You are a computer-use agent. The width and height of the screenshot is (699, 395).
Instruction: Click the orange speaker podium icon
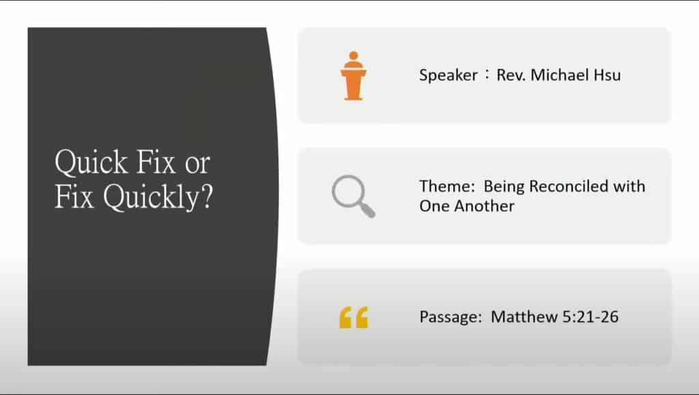354,75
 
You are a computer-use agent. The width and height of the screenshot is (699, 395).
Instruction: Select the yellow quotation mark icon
354,317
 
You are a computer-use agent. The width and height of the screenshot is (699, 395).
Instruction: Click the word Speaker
448,75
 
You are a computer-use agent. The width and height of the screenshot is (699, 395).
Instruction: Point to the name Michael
560,74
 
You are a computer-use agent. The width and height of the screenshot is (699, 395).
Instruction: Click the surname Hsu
607,74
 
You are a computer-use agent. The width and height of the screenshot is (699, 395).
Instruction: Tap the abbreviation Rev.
511,74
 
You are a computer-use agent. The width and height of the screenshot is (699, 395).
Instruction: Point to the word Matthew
524,316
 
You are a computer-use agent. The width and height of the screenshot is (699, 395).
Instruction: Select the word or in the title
197,164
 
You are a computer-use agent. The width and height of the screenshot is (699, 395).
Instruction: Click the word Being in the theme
504,187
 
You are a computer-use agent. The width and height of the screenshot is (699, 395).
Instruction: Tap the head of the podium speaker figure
354,55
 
